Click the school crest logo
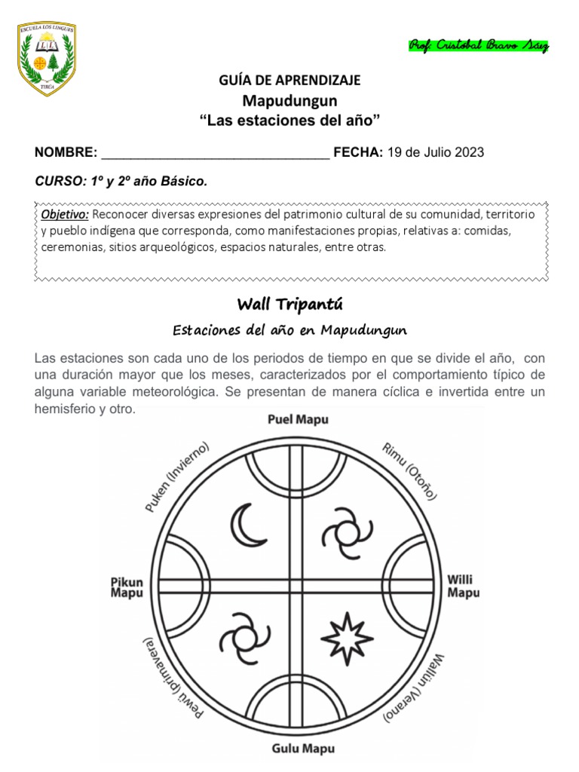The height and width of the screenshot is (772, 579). [x=46, y=60]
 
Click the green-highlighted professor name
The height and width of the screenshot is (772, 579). [x=479, y=46]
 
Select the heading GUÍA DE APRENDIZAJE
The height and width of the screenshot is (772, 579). [x=290, y=80]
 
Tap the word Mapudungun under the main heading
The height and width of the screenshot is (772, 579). [x=290, y=100]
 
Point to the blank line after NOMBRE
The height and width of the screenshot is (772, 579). [x=215, y=153]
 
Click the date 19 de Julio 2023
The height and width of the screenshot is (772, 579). [x=436, y=152]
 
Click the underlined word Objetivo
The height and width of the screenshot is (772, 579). [x=66, y=215]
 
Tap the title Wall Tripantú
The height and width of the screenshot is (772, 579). [x=290, y=304]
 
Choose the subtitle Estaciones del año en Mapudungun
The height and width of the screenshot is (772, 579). [x=290, y=330]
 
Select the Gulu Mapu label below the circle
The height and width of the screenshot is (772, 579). [x=299, y=749]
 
